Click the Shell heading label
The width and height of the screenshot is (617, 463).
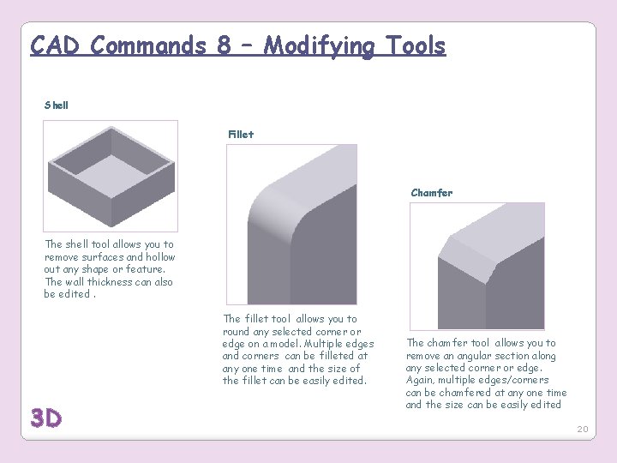57,105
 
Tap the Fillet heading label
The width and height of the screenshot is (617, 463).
241,134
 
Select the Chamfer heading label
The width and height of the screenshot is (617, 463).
431,193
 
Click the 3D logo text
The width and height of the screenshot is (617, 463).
46,418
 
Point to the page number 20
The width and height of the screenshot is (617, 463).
583,429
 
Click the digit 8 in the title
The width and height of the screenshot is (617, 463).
224,45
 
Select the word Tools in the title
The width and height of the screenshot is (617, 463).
415,45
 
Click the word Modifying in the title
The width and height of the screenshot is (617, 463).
319,47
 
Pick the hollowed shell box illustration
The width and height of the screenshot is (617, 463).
111,175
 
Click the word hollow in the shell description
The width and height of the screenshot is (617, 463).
159,256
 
